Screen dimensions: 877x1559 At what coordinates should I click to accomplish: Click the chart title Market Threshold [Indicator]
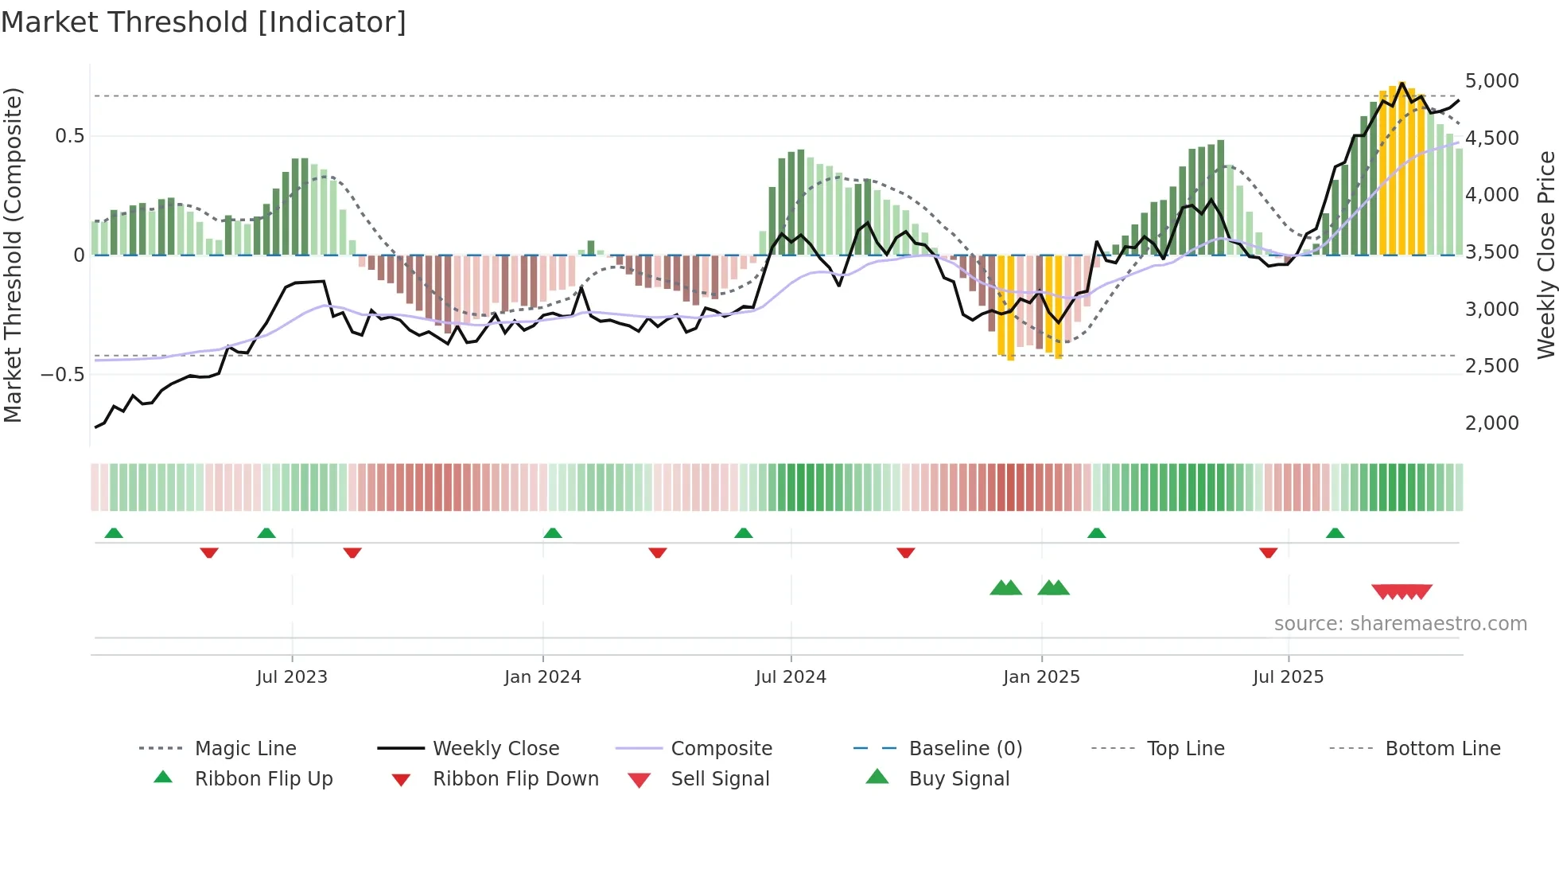204,22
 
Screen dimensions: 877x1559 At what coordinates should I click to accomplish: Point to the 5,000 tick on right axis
1491,81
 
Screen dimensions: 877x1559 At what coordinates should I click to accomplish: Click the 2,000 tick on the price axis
1491,423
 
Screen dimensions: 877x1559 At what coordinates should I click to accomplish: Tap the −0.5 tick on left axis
62,374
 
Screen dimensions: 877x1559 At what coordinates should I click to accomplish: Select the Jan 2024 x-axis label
542,677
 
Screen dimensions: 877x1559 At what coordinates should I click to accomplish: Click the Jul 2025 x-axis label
1288,677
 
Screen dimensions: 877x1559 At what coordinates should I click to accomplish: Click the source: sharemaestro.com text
1400,624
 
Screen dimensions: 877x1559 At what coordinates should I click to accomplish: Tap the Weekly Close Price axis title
1545,255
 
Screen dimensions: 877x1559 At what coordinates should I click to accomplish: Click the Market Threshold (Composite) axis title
13,255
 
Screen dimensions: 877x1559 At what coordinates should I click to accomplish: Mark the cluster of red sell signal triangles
1402,592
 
